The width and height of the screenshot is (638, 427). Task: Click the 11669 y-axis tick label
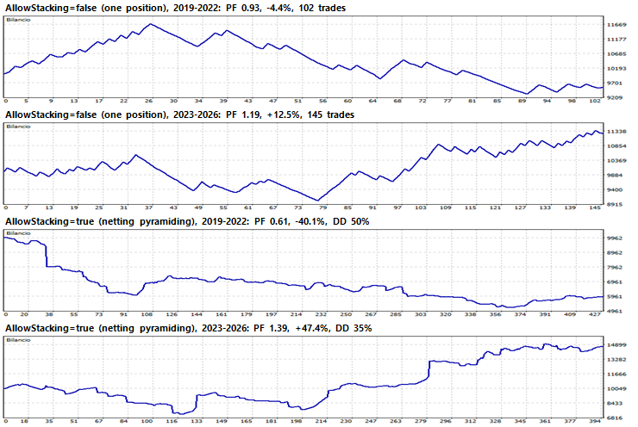click(x=616, y=25)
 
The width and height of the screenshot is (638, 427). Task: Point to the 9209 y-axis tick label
click(x=616, y=97)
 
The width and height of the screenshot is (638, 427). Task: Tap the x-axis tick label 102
click(x=595, y=101)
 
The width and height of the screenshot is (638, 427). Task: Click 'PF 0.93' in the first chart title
click(x=243, y=8)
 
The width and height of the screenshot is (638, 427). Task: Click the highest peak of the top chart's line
click(x=151, y=24)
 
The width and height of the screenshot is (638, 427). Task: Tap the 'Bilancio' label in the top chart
click(x=18, y=20)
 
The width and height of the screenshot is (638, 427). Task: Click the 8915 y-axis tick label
click(x=616, y=204)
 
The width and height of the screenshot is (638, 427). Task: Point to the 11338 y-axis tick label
click(x=616, y=132)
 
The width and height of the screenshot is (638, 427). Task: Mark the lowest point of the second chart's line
click(x=318, y=201)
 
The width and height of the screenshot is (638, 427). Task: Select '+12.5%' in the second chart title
click(x=285, y=114)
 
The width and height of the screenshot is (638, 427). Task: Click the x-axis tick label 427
click(x=595, y=314)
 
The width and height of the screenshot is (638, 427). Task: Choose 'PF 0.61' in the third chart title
click(x=272, y=221)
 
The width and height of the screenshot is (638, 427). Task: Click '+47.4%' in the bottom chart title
click(x=312, y=328)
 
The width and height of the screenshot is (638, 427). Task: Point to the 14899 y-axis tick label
click(x=616, y=345)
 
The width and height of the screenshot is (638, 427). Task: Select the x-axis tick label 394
click(x=595, y=421)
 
